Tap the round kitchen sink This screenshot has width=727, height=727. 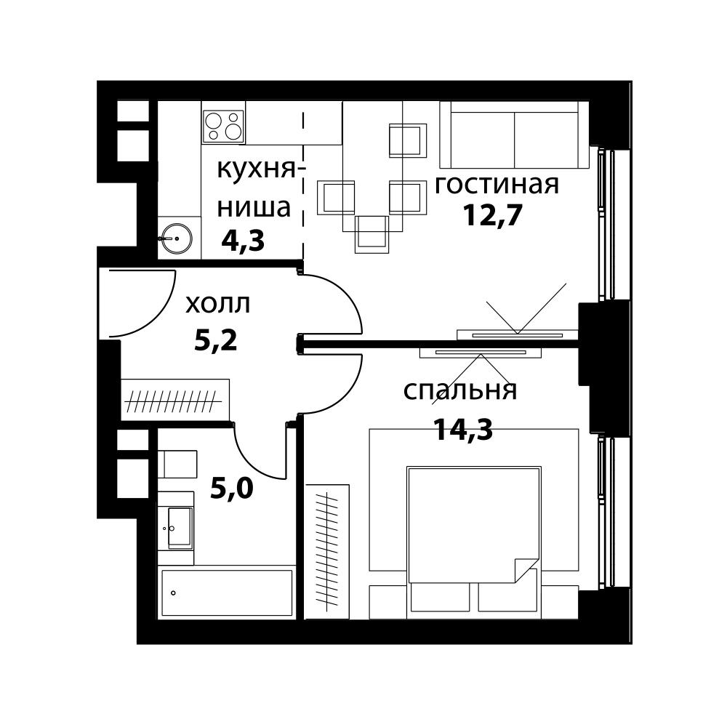(177, 237)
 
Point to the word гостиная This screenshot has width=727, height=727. (497, 185)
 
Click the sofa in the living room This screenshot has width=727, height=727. (515, 135)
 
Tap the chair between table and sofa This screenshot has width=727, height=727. (407, 140)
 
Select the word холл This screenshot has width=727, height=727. (217, 304)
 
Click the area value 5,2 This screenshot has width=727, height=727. (216, 340)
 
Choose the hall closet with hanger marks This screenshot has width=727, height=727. (175, 399)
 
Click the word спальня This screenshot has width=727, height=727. (460, 391)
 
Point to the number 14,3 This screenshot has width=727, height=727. (463, 430)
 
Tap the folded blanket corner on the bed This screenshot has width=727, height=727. (525, 569)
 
